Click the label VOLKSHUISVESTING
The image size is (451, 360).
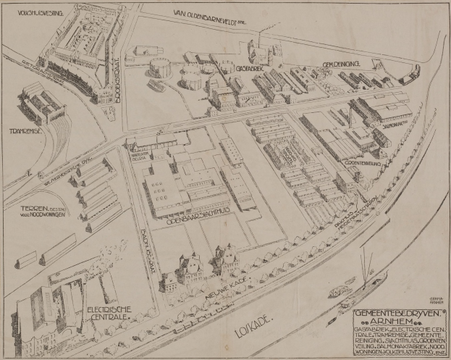click(x=33, y=11)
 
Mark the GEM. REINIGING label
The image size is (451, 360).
click(x=342, y=64)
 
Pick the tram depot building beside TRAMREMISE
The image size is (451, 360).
click(x=43, y=105)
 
